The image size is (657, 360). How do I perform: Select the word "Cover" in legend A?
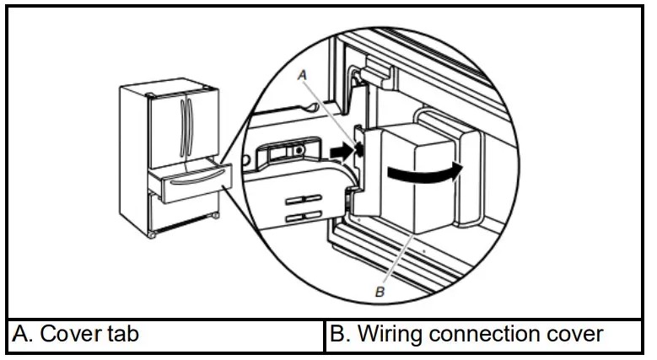click(71, 334)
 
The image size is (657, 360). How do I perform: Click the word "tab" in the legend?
click(122, 334)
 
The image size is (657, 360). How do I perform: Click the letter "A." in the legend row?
click(22, 334)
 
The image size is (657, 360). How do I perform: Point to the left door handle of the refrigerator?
click(184, 121)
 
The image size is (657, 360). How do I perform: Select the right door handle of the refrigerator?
click(191, 121)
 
